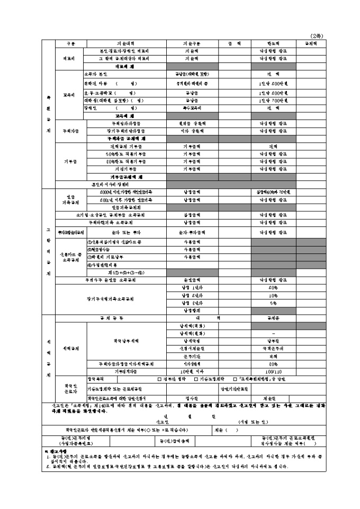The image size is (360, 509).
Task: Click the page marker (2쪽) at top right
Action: point(317,36)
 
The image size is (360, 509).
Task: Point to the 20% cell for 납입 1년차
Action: point(273,287)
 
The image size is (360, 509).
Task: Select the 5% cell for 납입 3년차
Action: point(273,303)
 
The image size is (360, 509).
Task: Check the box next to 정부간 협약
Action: point(159,379)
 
